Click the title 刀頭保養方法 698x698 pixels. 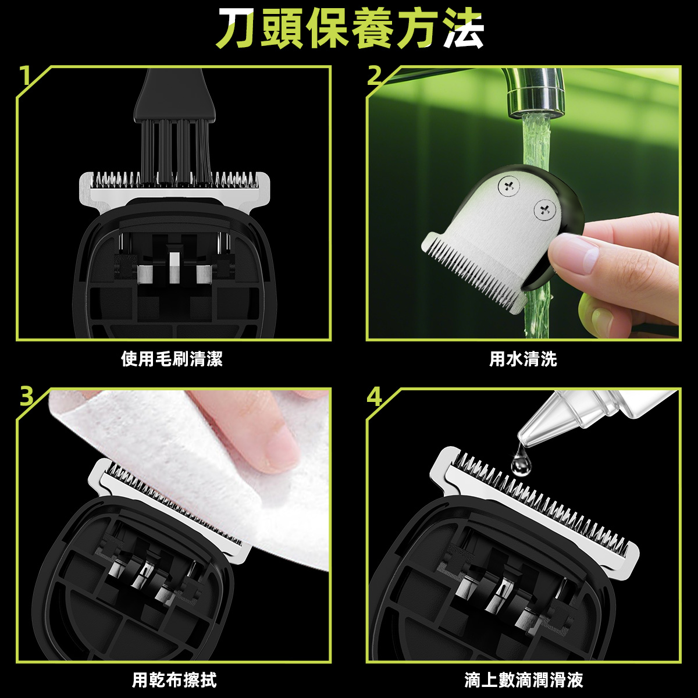click(x=350, y=29)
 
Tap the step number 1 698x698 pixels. click(x=24, y=76)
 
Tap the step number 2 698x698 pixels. click(x=375, y=76)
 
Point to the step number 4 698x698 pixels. click(x=375, y=397)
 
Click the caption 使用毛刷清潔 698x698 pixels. click(x=172, y=359)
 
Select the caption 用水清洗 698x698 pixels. click(x=523, y=359)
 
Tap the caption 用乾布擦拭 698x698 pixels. click(x=174, y=679)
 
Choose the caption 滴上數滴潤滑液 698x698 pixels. click(x=523, y=679)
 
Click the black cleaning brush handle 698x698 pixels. click(x=174, y=96)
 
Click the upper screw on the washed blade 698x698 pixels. click(x=508, y=186)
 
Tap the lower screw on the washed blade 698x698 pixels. click(x=544, y=209)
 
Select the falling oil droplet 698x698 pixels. click(x=518, y=461)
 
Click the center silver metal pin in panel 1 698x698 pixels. click(x=174, y=268)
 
